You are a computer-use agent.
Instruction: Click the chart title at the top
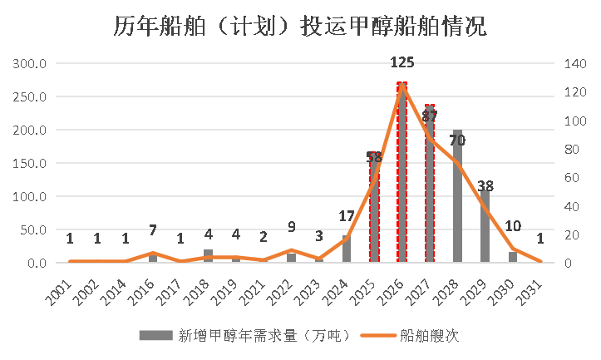click(300, 27)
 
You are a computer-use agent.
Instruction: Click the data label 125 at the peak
click(402, 62)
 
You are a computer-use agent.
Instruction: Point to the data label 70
click(457, 141)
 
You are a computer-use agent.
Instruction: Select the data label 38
click(485, 186)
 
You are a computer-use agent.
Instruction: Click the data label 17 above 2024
click(347, 216)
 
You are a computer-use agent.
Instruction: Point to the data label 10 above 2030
click(513, 226)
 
